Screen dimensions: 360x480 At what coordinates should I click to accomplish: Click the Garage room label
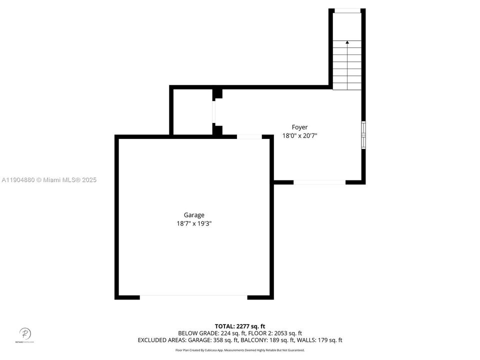[x=194, y=215]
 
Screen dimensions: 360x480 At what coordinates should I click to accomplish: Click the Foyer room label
[x=300, y=127]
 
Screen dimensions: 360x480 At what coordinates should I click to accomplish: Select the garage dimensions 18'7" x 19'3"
[x=194, y=224]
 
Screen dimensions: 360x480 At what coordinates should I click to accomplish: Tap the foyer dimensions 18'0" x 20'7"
[x=300, y=135]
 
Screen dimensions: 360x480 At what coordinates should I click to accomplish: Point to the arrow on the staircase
[x=347, y=43]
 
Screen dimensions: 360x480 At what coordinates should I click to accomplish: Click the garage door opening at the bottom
[x=193, y=296]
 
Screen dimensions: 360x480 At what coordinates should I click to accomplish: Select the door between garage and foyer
[x=249, y=136]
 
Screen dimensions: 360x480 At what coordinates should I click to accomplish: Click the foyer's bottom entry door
[x=319, y=182]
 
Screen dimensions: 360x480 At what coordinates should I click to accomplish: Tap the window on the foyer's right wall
[x=363, y=135]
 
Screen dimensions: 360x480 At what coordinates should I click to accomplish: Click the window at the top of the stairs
[x=347, y=10]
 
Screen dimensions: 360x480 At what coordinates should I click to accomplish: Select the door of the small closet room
[x=214, y=111]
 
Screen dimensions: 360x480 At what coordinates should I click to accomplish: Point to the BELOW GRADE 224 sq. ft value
[x=209, y=332]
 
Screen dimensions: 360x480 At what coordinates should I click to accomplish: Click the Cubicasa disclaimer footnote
[x=240, y=350]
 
